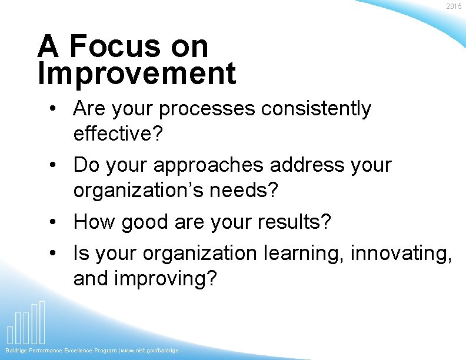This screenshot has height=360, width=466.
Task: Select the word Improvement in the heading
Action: [x=137, y=74]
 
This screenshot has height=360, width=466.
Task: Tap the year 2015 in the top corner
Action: [x=454, y=6]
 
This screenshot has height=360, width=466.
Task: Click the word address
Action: [x=304, y=165]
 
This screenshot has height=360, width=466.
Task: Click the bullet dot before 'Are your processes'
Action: [x=54, y=109]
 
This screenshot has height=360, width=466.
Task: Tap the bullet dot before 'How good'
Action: [x=54, y=223]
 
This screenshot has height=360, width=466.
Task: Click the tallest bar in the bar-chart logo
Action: [x=42, y=322]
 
